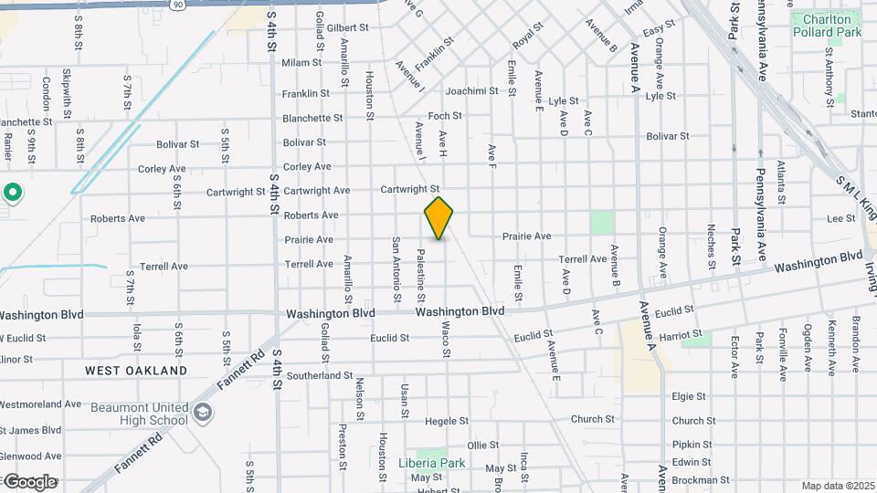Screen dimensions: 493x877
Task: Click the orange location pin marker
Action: coord(438,217)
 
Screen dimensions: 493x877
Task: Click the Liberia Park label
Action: coord(431,463)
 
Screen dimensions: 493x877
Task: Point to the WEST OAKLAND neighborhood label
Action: coord(136,371)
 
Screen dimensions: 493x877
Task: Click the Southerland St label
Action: coord(319,375)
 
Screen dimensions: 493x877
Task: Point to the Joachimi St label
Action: coord(471,91)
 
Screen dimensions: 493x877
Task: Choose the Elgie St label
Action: coord(689,397)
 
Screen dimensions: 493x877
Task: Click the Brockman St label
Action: coord(700,479)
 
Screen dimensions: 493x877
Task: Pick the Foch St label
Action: coord(446,116)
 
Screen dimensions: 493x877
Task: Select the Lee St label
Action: coord(840,219)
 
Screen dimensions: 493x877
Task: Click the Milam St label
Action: coord(302,63)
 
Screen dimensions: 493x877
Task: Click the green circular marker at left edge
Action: coord(13,193)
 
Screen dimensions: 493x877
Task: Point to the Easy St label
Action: coord(659,32)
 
